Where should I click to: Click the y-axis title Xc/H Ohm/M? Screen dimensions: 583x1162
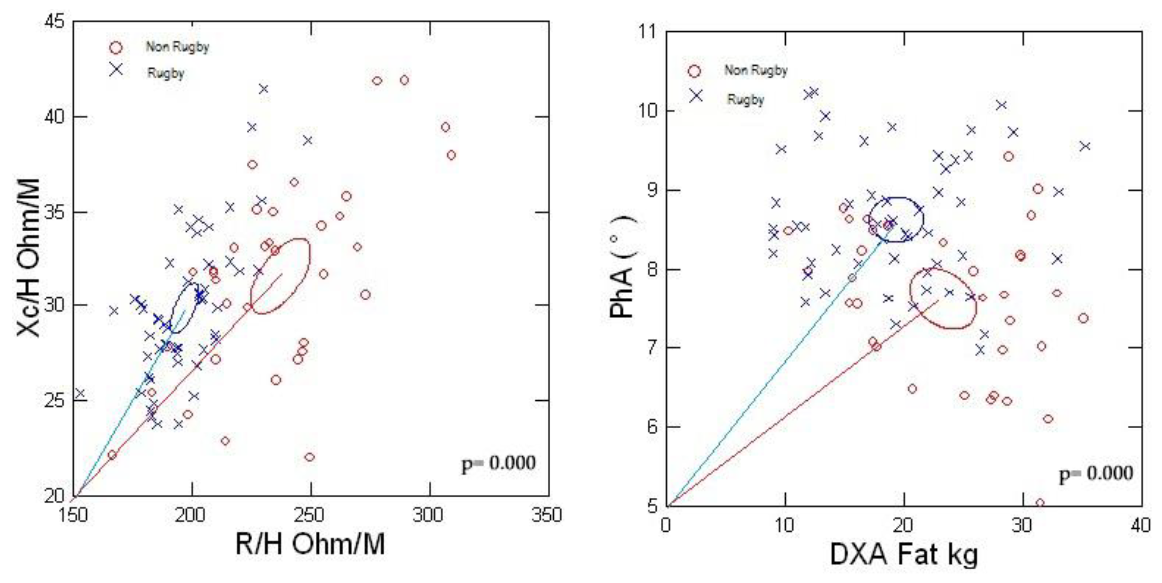(28, 257)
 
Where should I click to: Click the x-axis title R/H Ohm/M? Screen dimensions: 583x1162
(310, 544)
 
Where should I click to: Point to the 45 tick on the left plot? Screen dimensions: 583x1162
(55, 21)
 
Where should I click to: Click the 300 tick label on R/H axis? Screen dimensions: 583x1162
(428, 515)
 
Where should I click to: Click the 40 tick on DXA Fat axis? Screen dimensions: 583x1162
(1141, 525)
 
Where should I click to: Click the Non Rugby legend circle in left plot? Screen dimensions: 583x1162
(116, 48)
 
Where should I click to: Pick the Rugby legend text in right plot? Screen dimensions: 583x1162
(745, 99)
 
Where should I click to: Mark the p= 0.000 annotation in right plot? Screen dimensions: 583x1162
(1096, 474)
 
